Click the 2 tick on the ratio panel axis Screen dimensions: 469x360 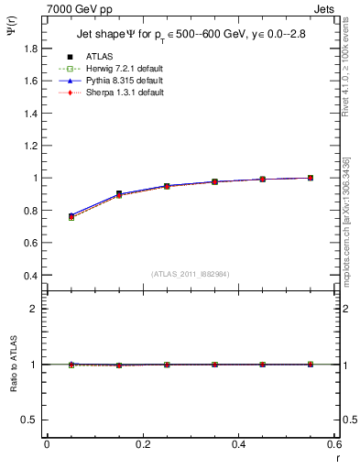pos(34,309)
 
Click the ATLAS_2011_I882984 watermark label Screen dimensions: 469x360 pos(191,274)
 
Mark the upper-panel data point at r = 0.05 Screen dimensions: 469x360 pos(71,216)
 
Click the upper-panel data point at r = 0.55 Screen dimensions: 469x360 pos(311,178)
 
